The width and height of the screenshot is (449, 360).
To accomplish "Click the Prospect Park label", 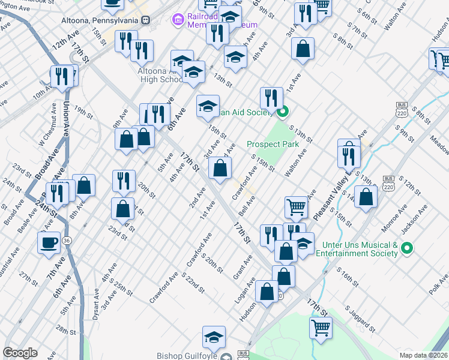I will (273, 145).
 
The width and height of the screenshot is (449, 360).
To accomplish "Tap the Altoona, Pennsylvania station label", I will (100, 20).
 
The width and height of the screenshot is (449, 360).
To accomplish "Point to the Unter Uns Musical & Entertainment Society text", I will (360, 249).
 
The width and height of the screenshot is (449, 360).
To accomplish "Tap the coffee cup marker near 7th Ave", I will (49, 242).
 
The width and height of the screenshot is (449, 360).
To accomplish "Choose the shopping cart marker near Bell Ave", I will (297, 208).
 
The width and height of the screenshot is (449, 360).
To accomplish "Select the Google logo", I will (20, 353).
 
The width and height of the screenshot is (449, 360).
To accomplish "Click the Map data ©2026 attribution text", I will (423, 355).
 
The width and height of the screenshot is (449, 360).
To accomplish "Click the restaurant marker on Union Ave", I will (62, 77).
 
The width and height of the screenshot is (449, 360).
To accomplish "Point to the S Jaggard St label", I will (360, 319).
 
